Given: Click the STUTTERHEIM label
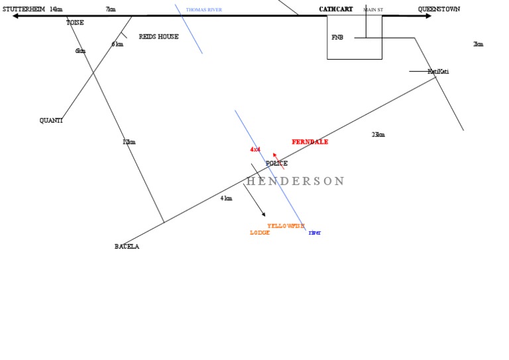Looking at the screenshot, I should tap(24, 9).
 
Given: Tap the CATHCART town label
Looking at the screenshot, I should tap(336, 9).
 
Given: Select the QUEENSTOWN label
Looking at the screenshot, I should tap(439, 9).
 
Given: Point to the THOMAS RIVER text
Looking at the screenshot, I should tap(204, 10).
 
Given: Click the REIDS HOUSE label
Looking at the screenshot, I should tap(158, 36).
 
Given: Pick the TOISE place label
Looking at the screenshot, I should tap(75, 23).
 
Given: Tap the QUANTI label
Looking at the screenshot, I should tap(51, 121).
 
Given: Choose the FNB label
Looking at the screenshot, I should tap(337, 37).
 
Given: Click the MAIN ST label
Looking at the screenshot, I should tap(373, 10).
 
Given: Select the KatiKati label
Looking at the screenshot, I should tap(438, 72).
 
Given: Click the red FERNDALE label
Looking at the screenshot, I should tap(310, 142).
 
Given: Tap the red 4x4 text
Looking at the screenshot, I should tap(255, 150).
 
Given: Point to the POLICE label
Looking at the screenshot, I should tap(277, 163).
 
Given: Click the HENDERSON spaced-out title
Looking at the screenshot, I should tap(296, 181).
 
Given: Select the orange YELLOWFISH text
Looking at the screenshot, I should tap(286, 226).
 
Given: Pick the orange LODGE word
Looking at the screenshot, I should tap(260, 233).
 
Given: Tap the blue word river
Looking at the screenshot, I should tap(315, 233).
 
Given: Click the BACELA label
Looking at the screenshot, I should tap(127, 247).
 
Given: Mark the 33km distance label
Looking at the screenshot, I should tap(378, 135).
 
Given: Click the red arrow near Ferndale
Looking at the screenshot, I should tap(278, 160).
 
